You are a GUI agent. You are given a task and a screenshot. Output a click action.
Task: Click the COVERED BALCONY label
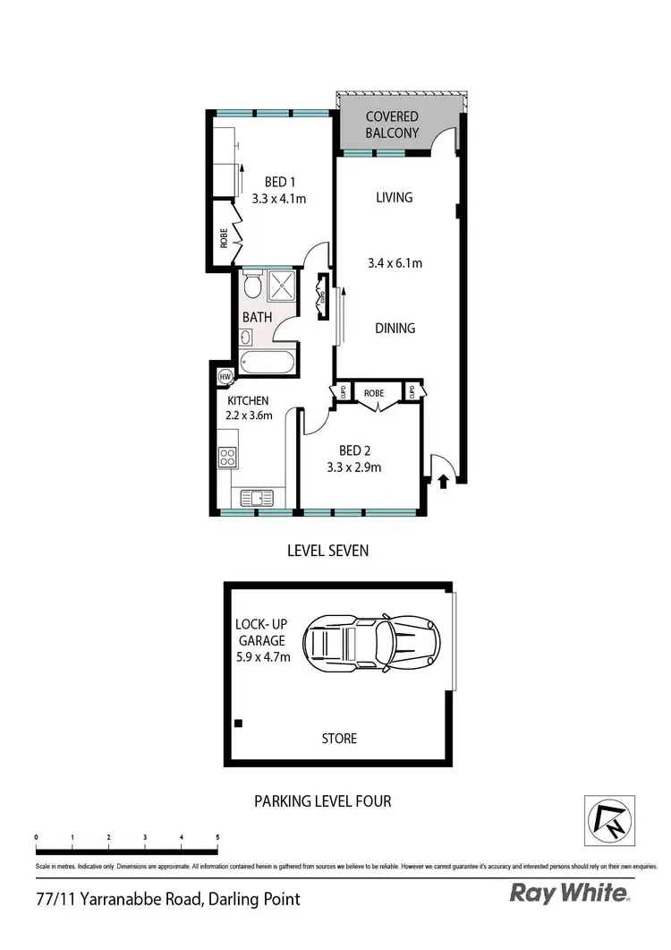[393, 124]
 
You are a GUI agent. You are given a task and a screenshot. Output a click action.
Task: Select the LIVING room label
[394, 197]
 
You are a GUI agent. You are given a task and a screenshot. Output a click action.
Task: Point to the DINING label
[395, 328]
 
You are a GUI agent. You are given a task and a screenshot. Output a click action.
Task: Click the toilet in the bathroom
[252, 286]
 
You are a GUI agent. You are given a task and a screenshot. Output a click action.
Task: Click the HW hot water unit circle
[225, 376]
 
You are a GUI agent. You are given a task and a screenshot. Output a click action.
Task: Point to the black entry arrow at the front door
[443, 482]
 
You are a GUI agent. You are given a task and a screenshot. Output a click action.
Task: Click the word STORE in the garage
[339, 739]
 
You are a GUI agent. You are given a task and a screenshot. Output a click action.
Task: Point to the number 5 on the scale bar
[217, 837]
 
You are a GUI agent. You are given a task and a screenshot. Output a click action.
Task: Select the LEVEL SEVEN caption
[327, 551]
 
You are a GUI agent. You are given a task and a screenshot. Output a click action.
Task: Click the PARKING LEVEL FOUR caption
[323, 800]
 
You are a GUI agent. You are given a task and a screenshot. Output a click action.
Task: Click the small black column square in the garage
[238, 723]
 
